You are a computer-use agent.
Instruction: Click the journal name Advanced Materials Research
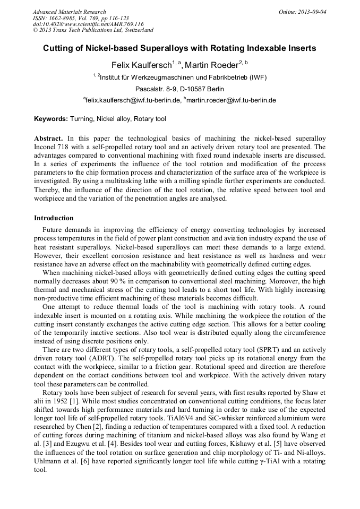(x=69, y=12)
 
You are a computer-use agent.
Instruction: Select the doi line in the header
(x=88, y=24)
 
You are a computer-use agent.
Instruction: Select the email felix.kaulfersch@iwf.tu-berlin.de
(x=133, y=100)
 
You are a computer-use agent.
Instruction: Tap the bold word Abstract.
(x=48, y=138)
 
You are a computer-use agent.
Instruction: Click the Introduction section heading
(x=54, y=218)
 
